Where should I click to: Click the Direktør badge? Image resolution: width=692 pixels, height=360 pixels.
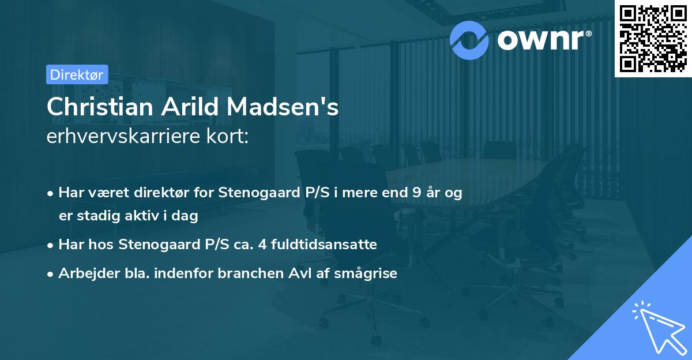77,74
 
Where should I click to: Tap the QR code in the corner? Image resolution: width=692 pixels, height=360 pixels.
653,39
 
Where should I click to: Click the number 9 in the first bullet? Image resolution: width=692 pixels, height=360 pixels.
417,193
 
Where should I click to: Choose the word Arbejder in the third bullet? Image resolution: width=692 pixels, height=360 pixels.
84,273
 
